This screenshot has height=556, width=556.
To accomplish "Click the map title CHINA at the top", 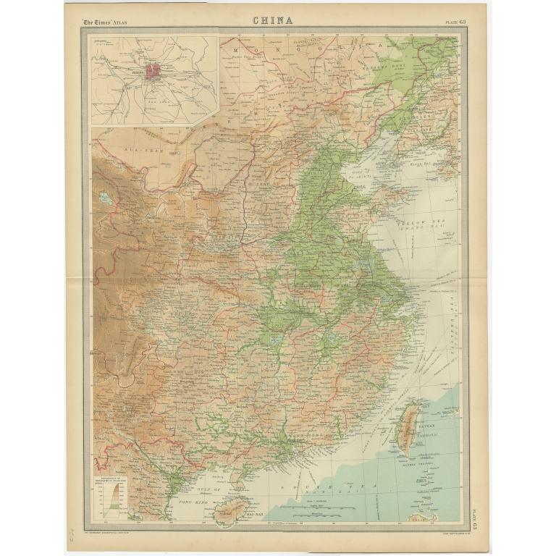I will click(273, 20).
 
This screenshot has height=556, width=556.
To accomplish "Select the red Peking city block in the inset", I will click(153, 72).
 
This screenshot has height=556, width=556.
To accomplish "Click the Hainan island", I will click(232, 509).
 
